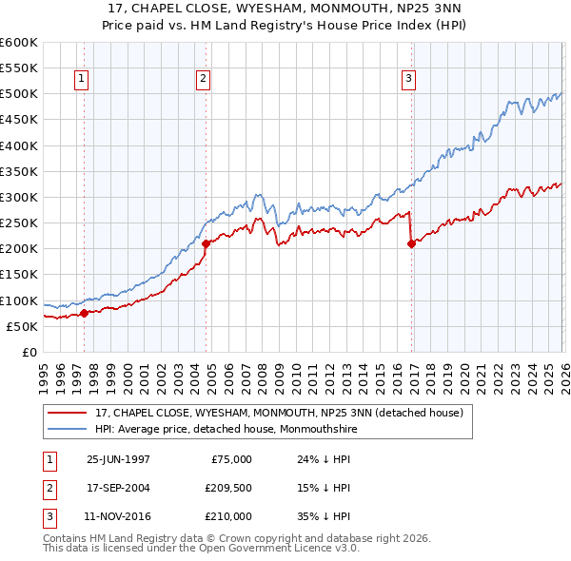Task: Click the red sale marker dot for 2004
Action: coord(206,243)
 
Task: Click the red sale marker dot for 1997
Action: coord(84,313)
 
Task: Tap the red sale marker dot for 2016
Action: coord(411,243)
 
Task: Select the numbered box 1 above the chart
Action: coord(83,80)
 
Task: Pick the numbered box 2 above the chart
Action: coord(204,80)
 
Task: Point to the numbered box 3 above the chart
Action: coord(408,80)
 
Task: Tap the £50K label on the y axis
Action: coord(22,326)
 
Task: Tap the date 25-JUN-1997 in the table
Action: coord(118,459)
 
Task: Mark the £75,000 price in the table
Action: coord(230,459)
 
